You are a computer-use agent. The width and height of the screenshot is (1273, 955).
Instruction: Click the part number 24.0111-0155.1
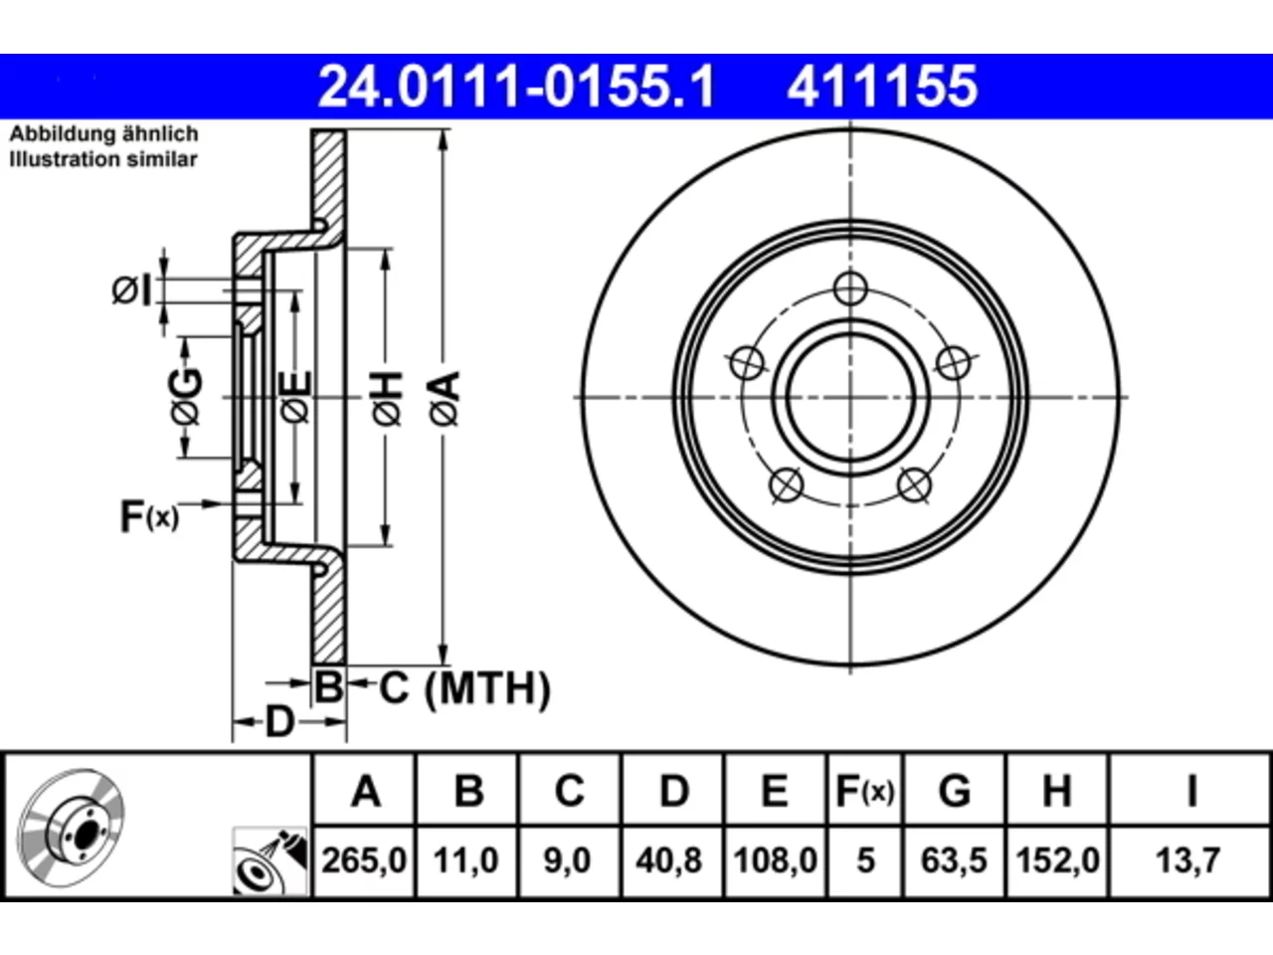516,87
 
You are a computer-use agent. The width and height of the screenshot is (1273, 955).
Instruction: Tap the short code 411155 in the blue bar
882,87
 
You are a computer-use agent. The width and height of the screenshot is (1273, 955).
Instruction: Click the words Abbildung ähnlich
103,134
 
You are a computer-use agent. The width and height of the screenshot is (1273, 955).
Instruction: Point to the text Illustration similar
103,159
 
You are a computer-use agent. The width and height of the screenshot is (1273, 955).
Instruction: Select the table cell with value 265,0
364,860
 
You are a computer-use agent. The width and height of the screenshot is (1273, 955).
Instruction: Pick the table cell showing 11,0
466,860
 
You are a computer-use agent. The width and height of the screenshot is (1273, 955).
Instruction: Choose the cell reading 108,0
776,860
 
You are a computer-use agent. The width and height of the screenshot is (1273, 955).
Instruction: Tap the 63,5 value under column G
954,860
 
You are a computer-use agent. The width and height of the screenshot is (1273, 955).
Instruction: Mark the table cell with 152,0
1057,860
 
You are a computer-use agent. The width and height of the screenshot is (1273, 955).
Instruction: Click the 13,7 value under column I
1188,860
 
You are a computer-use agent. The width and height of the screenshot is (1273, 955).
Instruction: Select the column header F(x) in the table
864,791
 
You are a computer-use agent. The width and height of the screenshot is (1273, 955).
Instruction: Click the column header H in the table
1056,791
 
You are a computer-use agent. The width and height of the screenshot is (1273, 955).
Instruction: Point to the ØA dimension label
446,398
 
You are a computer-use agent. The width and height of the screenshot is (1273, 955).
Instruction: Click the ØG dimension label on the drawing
187,397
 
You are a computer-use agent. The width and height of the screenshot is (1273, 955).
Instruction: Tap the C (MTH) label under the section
464,688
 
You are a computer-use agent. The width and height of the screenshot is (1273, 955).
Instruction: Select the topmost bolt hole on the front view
850,288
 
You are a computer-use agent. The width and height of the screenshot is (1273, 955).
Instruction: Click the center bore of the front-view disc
850,398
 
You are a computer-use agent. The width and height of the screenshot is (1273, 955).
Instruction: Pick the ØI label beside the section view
131,290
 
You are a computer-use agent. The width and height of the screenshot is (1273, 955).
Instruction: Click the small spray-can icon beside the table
271,861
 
